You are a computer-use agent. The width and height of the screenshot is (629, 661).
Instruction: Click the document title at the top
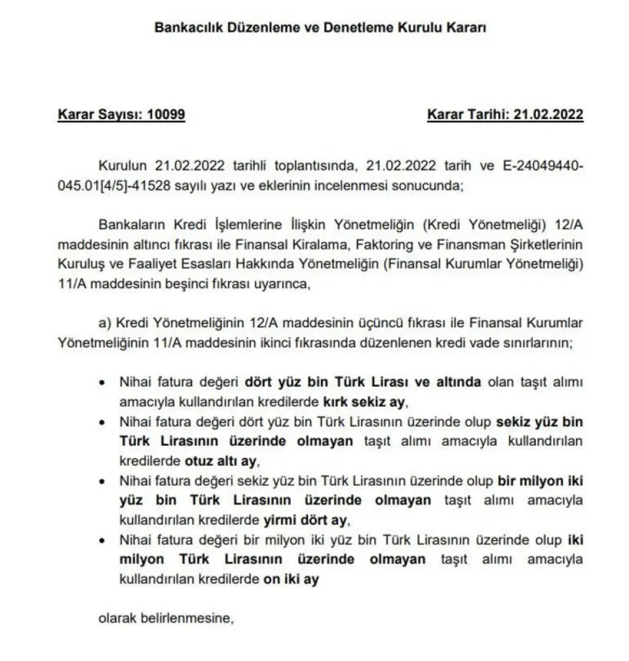pos(320,28)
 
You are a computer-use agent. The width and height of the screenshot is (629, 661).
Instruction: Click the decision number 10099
pos(166,115)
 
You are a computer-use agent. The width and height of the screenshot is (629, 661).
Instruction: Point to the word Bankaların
pos(127,226)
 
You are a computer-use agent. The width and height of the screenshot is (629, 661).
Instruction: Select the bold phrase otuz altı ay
pos(232,460)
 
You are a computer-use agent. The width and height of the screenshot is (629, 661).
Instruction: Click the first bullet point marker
pos(101,382)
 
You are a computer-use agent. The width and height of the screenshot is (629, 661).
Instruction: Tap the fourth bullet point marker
pos(101,541)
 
